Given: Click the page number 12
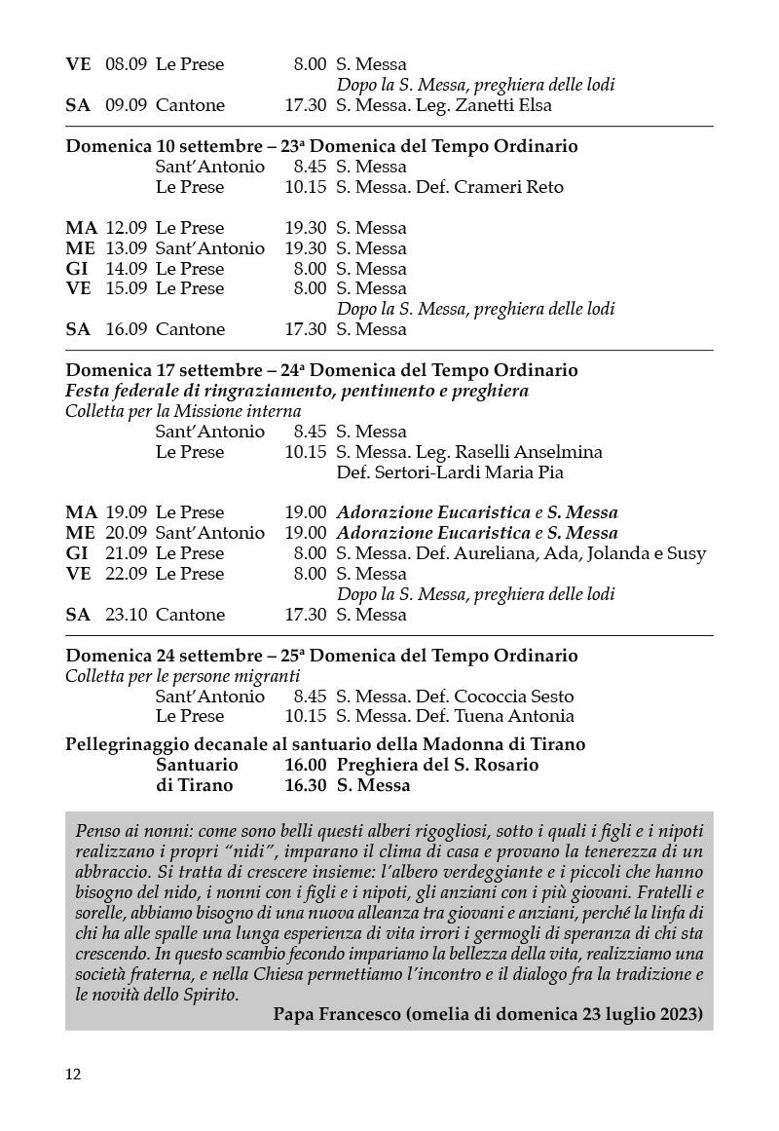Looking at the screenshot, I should coord(73,1074).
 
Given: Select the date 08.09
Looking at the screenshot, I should coord(126,64).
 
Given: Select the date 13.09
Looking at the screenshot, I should coord(126,248).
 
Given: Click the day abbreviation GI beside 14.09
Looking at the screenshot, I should coord(77,269).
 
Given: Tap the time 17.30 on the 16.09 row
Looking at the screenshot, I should coord(305,329).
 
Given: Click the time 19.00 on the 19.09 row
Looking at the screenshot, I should coord(305,512).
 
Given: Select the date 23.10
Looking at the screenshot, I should coord(126,615).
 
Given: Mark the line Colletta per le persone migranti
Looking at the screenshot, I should coord(183,676).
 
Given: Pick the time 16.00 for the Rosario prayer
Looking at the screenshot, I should coord(305,765).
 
